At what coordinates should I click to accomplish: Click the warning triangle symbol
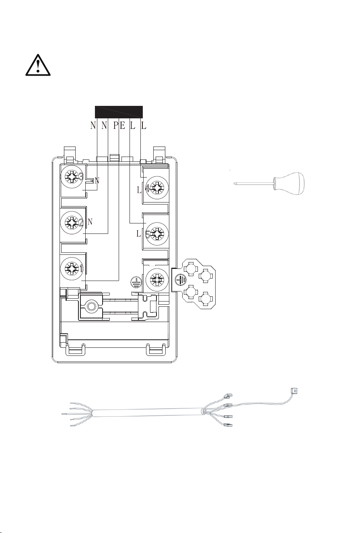click(x=38, y=66)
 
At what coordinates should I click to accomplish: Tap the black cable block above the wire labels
click(x=119, y=112)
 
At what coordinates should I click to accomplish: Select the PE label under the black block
click(x=119, y=125)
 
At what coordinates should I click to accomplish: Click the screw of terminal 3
click(x=72, y=177)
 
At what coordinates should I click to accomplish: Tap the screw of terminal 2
click(x=72, y=223)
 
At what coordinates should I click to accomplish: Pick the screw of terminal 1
click(x=72, y=268)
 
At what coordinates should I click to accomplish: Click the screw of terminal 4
click(x=157, y=188)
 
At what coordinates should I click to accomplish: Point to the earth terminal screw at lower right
click(x=157, y=279)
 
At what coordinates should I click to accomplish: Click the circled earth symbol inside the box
click(x=136, y=282)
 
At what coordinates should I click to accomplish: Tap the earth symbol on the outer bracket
click(x=181, y=280)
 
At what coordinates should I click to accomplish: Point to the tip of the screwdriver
click(x=235, y=183)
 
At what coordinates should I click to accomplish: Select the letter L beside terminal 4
click(x=139, y=190)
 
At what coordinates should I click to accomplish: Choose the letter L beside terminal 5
click(x=139, y=234)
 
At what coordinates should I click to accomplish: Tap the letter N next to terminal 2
click(x=90, y=222)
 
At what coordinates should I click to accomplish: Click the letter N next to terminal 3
click(x=97, y=181)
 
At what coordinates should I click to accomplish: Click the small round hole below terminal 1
click(x=91, y=306)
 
